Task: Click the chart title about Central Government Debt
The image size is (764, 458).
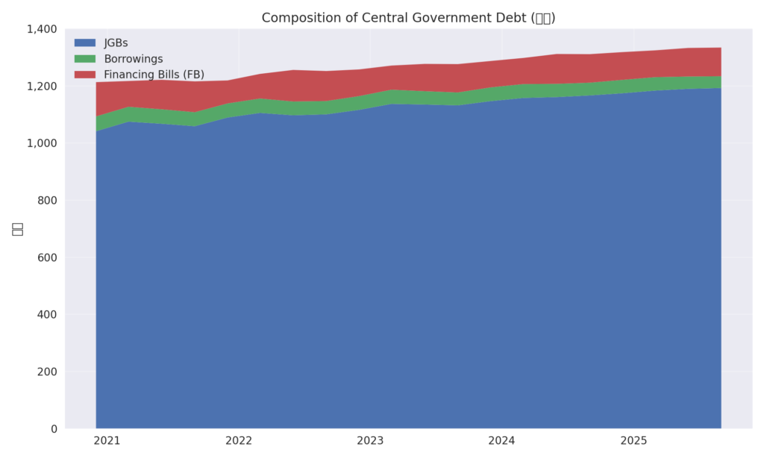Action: [x=408, y=18]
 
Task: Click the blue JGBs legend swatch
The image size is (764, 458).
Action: [x=85, y=43]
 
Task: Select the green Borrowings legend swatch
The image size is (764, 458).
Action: [x=85, y=59]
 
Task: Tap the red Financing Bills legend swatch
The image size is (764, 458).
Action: [x=85, y=75]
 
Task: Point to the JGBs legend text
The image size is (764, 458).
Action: [x=116, y=43]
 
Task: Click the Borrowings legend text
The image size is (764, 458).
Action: [x=133, y=59]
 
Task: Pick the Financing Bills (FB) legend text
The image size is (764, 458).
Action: [x=154, y=75]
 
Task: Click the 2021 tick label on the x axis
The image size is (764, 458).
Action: [x=107, y=441]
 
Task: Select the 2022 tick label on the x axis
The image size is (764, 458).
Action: [x=239, y=441]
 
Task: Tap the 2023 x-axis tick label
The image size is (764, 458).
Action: [x=370, y=441]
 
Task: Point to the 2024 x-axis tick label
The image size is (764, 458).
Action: [x=502, y=441]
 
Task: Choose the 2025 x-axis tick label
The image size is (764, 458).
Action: [x=633, y=441]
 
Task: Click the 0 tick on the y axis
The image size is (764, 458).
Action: [x=54, y=429]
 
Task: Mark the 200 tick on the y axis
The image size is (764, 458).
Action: [x=48, y=371]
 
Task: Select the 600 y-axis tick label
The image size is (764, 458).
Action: [x=48, y=257]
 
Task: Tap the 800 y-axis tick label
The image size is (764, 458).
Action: [x=48, y=200]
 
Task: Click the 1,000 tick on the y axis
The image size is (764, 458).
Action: [x=43, y=143]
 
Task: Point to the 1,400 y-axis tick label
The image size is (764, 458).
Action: [x=43, y=29]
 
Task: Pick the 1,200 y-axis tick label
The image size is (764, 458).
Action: [x=43, y=86]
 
